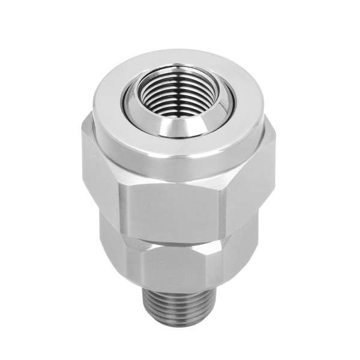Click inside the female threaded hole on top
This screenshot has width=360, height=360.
[x=170, y=96]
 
